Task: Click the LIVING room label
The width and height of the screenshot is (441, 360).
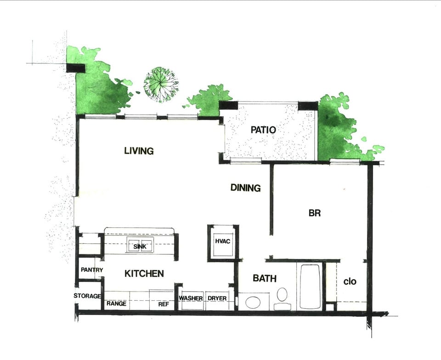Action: click(x=139, y=151)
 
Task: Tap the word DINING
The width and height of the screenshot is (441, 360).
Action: click(x=246, y=188)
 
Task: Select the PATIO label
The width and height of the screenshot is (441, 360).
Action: click(x=263, y=130)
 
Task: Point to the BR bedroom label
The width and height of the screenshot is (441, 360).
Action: click(x=314, y=213)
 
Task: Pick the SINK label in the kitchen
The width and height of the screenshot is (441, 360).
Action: click(x=139, y=247)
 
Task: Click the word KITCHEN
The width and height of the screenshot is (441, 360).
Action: click(x=144, y=274)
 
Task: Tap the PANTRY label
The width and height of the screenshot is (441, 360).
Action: click(x=92, y=270)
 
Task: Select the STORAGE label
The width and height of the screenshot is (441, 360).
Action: click(x=87, y=296)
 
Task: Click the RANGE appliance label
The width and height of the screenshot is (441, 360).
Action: click(x=117, y=304)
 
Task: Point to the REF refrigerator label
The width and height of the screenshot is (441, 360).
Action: click(x=164, y=304)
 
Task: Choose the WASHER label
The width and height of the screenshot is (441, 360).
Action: click(x=191, y=298)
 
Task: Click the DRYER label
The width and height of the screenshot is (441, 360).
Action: click(x=217, y=298)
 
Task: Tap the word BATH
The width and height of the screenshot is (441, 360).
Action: click(x=265, y=278)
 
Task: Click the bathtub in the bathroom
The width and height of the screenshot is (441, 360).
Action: click(x=311, y=287)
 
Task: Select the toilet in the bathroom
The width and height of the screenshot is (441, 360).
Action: click(x=282, y=297)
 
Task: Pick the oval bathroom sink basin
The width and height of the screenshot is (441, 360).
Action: click(x=253, y=302)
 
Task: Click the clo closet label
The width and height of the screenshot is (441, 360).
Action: click(x=350, y=281)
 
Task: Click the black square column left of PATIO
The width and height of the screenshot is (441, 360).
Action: click(x=228, y=105)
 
